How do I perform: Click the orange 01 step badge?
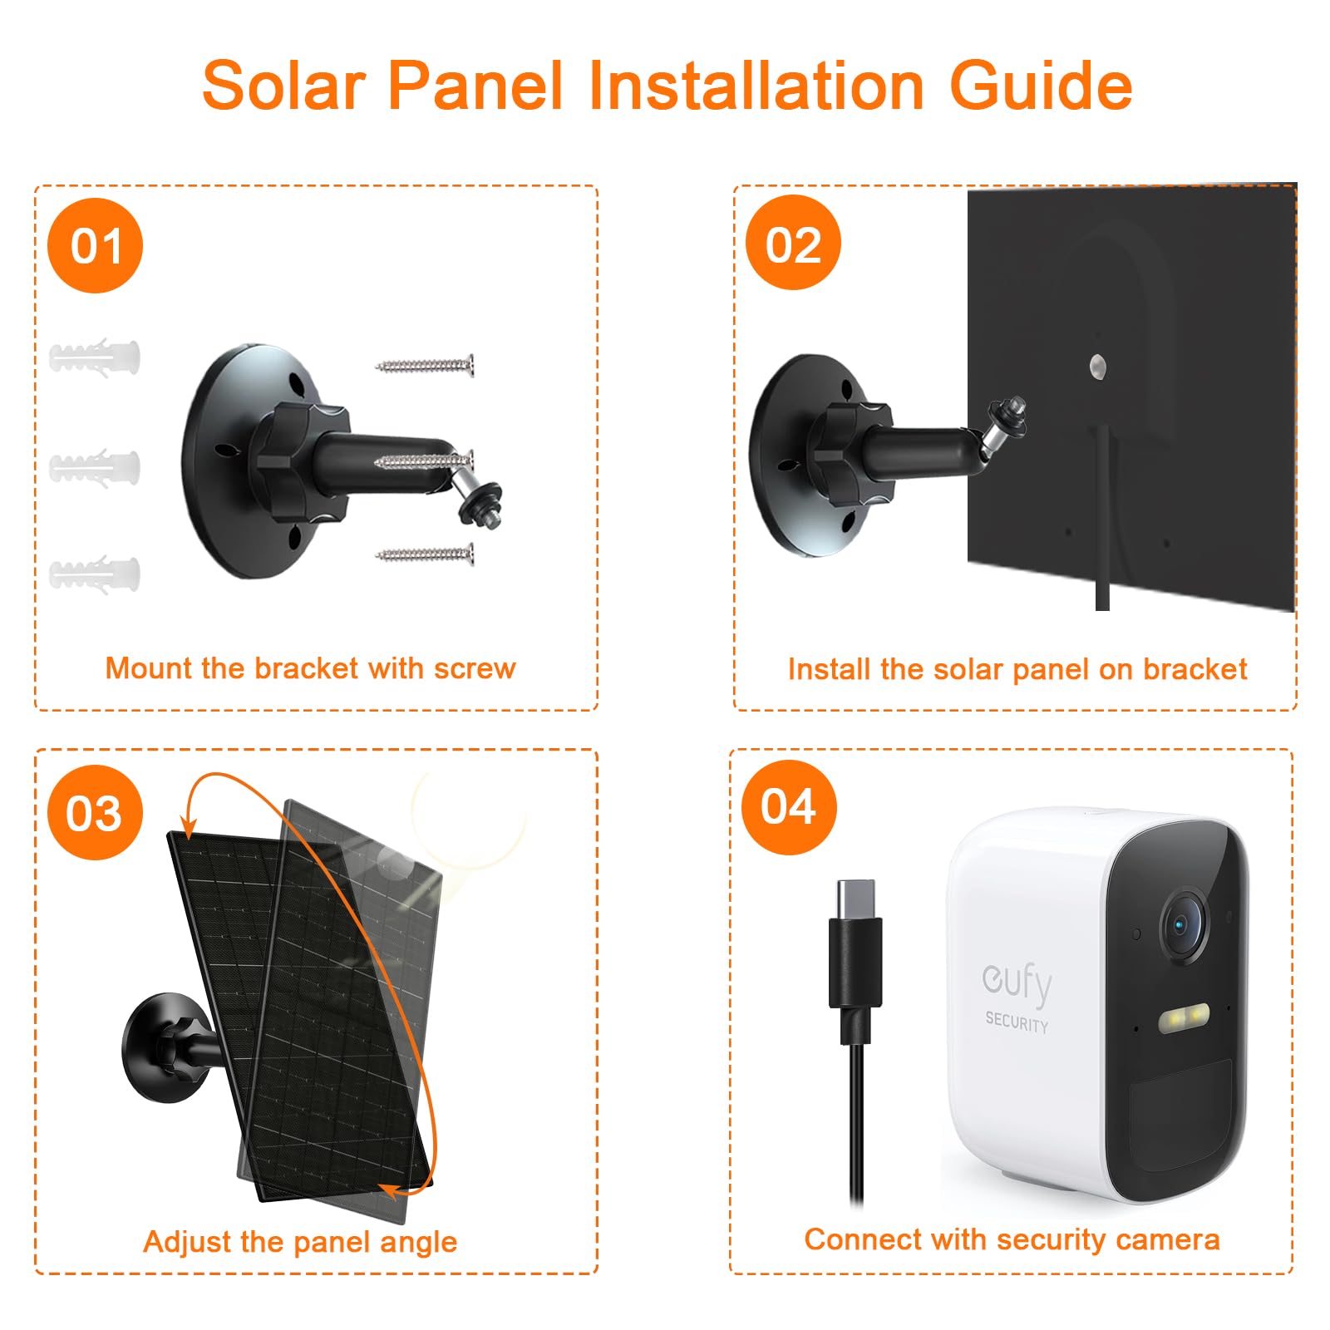point(96,245)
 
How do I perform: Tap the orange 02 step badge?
point(794,243)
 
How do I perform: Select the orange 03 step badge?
point(96,812)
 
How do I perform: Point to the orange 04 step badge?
point(789,807)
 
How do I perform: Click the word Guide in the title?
point(1041,86)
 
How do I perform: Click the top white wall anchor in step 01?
point(95,357)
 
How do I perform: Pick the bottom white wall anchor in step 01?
point(95,574)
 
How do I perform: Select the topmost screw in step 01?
point(425,364)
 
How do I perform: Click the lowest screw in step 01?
point(425,554)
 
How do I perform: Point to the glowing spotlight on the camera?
point(1184,1017)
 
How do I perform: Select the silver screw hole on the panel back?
point(1097,364)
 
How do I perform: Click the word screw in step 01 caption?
point(474,668)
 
